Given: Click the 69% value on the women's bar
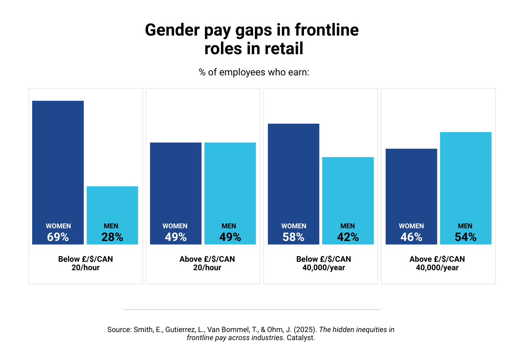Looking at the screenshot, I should pyautogui.click(x=58, y=237).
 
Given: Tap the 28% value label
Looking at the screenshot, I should pyautogui.click(x=112, y=237).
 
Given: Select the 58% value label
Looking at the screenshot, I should pyautogui.click(x=293, y=237).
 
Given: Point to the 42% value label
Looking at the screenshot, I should pyautogui.click(x=348, y=237).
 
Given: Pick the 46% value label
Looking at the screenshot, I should pyautogui.click(x=411, y=237).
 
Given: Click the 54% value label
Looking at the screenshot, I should pyautogui.click(x=466, y=237).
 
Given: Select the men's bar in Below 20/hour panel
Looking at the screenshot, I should pyautogui.click(x=112, y=203).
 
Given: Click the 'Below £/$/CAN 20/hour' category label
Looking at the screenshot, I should pyautogui.click(x=86, y=263).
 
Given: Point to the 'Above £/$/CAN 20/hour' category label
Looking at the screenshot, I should pyautogui.click(x=207, y=263).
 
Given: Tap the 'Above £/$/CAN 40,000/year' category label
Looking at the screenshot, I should pyautogui.click(x=437, y=263).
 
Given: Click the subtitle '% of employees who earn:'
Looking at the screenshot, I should pyautogui.click(x=254, y=72).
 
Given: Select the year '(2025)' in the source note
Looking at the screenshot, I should pyautogui.click(x=306, y=330).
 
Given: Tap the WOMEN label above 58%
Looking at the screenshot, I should pyautogui.click(x=293, y=226).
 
